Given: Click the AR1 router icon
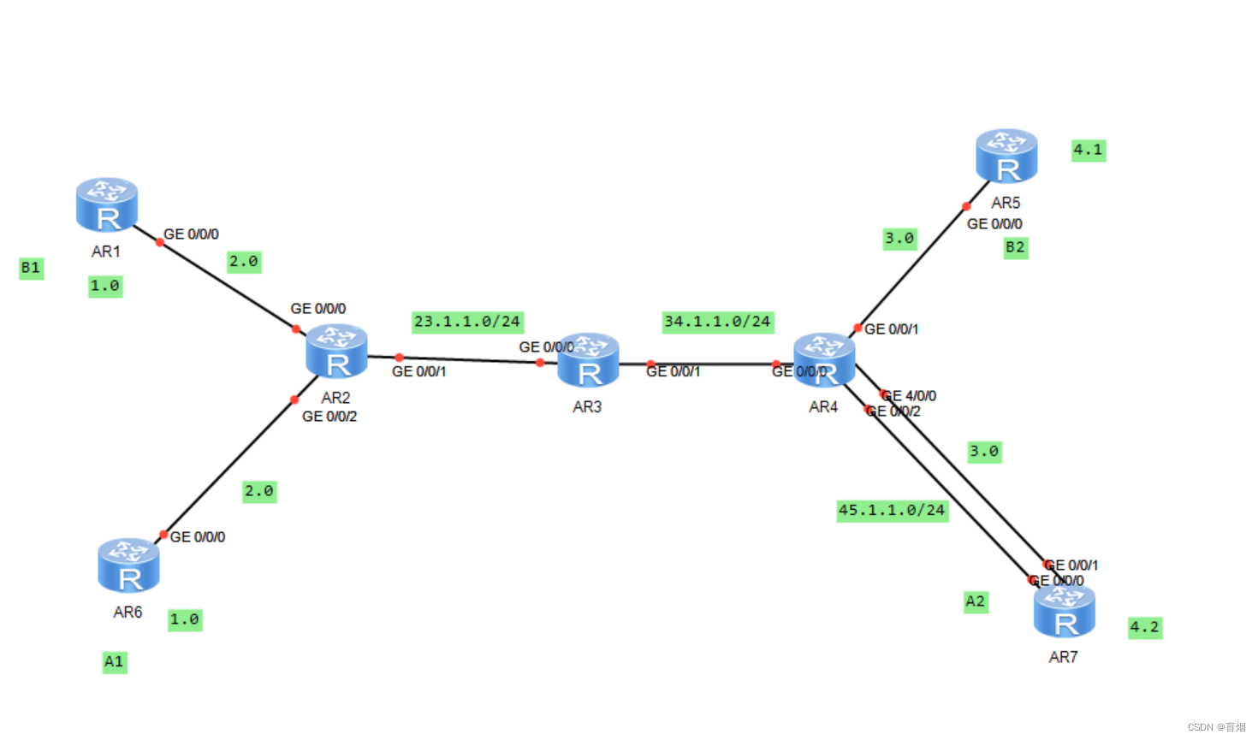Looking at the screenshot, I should click(107, 205).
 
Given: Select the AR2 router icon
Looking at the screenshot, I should click(337, 352).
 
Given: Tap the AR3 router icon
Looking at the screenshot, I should click(588, 360).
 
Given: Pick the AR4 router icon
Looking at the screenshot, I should click(824, 360).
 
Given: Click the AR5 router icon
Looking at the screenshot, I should click(1006, 157).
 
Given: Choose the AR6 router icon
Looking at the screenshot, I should click(128, 565).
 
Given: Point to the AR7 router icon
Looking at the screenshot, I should click(1065, 611).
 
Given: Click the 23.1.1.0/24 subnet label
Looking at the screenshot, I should click(467, 322).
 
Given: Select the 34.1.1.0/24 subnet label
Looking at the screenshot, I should click(717, 322).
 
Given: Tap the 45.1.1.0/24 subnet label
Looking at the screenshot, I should click(892, 511).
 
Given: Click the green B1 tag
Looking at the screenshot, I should click(31, 268).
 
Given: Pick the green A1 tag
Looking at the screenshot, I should click(114, 662).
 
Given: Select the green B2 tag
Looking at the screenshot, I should click(1015, 247).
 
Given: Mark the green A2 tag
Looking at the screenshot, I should click(976, 601).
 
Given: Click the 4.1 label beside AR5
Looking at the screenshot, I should click(1089, 151).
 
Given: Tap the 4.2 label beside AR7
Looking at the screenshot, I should click(1145, 627).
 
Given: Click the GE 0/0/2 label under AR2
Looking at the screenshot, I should click(329, 417).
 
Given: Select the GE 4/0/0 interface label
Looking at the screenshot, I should click(911, 396).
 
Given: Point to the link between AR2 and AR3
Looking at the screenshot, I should click(469, 359).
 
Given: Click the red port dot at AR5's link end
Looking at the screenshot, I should click(966, 206).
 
